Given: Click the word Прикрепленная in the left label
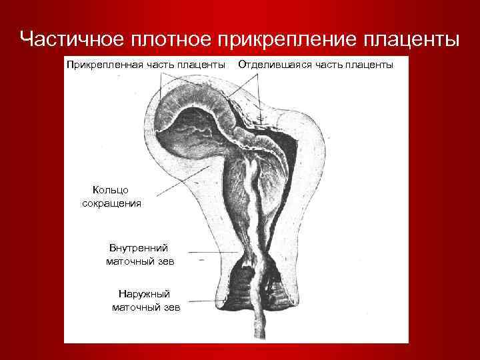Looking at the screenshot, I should pos(99,64).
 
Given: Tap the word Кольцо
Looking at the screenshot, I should pos(110,191).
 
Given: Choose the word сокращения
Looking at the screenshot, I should pos(111,203).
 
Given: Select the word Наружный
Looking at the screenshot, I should pos(144,293).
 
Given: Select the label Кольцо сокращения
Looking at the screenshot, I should pos(111,197).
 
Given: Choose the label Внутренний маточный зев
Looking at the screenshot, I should pos(139,255).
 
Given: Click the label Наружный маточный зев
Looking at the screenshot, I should pos(145,300).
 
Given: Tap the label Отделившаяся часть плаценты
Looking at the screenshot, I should pos(315,64).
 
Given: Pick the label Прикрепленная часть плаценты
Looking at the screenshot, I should pos(145,64).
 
